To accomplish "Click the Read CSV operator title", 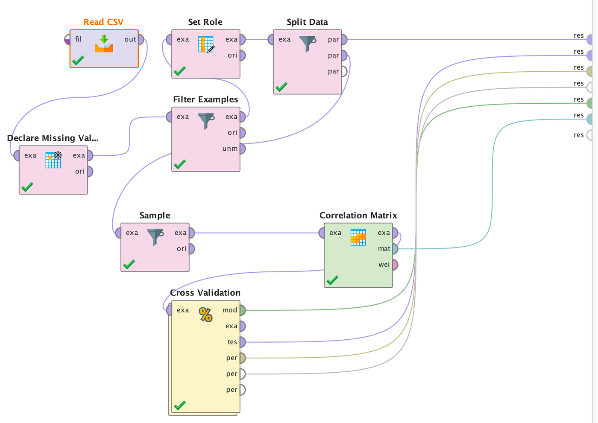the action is tap(103, 22).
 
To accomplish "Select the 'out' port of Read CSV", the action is tap(141, 39).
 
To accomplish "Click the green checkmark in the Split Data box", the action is tap(281, 87).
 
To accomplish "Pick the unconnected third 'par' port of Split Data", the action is tap(344, 71).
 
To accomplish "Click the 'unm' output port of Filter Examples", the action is tap(243, 149).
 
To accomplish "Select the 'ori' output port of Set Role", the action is tap(243, 55).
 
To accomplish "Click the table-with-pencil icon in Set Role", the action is tap(206, 44).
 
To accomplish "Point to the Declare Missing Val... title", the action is tap(53, 138).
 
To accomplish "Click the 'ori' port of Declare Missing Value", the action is tap(90, 172).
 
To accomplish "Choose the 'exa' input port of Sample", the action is tap(118, 233).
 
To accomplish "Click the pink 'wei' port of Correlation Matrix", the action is tap(395, 265).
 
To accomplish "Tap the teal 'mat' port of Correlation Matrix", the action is tap(395, 249).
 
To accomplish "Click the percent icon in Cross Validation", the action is tap(205, 315).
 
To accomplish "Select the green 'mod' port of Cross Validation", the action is tap(243, 310).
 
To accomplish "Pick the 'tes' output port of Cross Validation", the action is tap(243, 342).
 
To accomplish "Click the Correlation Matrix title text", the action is tap(358, 215).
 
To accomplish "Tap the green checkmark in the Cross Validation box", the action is tap(180, 405).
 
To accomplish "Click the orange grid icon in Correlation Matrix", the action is tap(358, 237).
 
